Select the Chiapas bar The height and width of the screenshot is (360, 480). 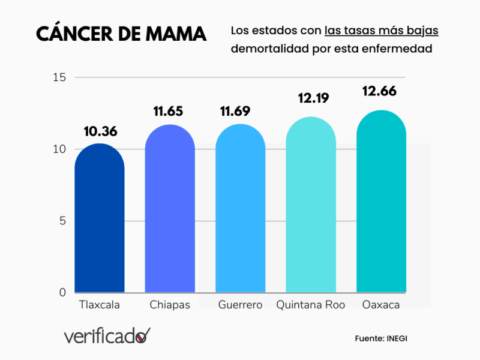click(170, 210)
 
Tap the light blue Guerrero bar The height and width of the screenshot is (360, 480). click(240, 210)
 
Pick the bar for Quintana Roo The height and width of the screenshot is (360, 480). click(310, 207)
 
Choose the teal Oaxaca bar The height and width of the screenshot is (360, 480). click(381, 204)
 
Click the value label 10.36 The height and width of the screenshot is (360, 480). click(100, 131)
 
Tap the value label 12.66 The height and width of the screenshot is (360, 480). click(380, 91)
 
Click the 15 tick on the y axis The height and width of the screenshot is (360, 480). click(59, 77)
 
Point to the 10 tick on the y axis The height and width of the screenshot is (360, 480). click(59, 149)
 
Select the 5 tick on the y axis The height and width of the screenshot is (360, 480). click(62, 221)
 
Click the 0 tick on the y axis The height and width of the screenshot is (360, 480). click(62, 292)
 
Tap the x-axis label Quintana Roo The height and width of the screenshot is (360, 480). click(310, 305)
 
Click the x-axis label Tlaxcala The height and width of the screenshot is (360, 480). click(100, 305)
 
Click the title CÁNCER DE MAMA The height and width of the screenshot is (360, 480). click(121, 34)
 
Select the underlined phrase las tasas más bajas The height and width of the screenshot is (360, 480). click(382, 31)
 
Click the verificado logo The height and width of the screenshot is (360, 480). click(107, 336)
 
